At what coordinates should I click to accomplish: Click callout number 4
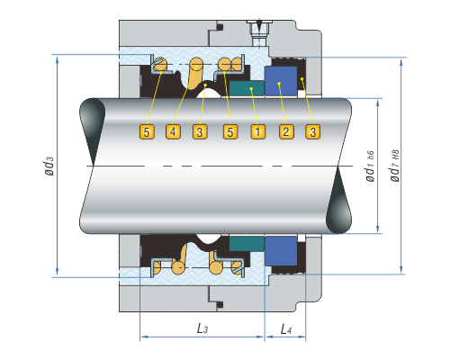173,131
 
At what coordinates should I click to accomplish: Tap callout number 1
258,131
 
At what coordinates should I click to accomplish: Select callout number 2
286,131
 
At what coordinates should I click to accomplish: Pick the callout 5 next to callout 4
147,131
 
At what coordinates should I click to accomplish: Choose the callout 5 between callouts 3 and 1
230,131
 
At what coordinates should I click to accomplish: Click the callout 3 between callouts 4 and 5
200,131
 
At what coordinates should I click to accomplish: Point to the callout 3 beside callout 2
313,131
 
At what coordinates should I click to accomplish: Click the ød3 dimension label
49,166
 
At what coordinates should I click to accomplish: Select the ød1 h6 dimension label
370,166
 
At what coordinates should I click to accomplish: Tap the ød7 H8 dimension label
395,166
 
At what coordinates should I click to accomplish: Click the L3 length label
202,328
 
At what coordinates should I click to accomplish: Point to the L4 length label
286,329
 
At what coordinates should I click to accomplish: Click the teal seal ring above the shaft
247,88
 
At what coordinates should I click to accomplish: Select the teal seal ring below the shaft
247,244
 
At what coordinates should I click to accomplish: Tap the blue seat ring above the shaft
281,81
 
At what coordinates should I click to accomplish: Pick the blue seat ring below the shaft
281,251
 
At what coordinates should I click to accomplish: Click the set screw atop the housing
259,32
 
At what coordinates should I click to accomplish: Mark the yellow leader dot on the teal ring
251,88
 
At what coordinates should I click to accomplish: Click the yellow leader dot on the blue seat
279,84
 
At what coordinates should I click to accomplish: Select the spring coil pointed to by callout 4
195,72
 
